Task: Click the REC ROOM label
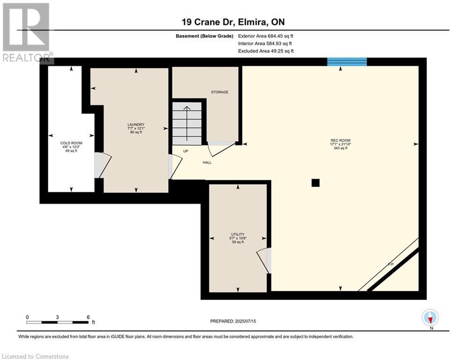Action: click(x=340, y=141)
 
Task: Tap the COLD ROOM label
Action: click(x=71, y=143)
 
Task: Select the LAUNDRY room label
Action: click(x=136, y=125)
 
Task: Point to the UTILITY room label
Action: click(x=237, y=234)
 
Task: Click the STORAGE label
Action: click(x=219, y=92)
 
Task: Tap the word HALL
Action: click(x=207, y=163)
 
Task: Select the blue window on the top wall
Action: click(x=347, y=62)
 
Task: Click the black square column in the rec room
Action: click(x=316, y=183)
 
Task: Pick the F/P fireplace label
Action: click(x=391, y=265)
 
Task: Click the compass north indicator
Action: click(x=430, y=318)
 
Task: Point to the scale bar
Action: click(x=57, y=322)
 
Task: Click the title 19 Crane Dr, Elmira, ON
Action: click(x=233, y=22)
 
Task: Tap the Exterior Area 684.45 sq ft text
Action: click(x=266, y=36)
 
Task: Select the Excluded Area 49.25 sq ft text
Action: click(x=266, y=51)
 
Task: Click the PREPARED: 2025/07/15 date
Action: click(x=233, y=321)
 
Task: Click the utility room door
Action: click(x=264, y=260)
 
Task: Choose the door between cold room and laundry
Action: click(x=104, y=165)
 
